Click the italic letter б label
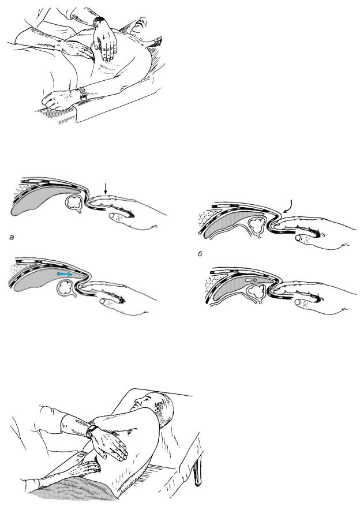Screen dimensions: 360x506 coord(200,254)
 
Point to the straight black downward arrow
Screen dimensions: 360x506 coord(105,189)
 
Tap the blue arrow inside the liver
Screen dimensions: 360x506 coord(65,274)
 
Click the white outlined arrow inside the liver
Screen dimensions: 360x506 coord(252,280)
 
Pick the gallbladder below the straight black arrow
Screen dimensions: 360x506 coord(74,203)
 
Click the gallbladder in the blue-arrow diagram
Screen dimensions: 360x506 coord(66,287)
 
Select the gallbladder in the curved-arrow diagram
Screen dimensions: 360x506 coord(257,224)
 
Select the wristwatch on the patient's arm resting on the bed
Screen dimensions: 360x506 coord(82,95)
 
